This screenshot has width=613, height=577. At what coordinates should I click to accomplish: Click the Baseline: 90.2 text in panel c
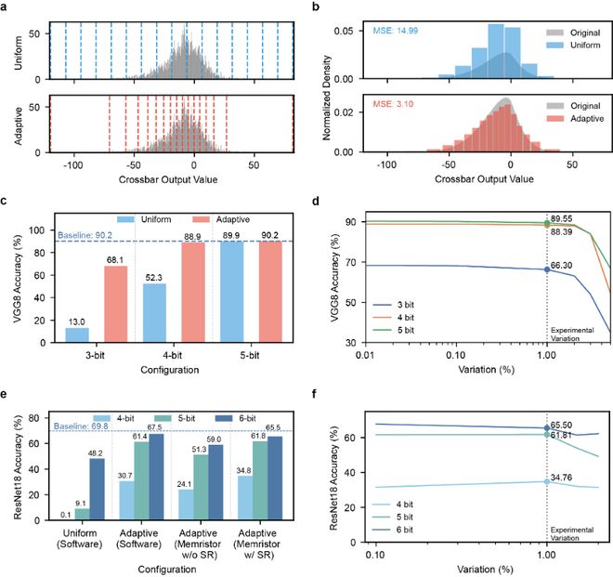tap(87, 236)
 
